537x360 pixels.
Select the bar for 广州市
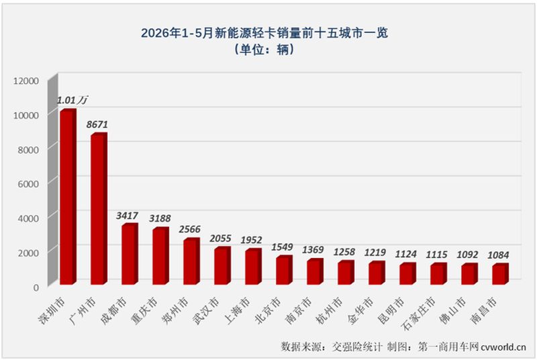(x=99, y=209)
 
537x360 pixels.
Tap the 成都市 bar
(x=130, y=254)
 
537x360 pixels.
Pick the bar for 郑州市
(x=191, y=261)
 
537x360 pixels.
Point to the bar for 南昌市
(x=500, y=274)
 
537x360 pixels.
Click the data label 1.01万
(x=72, y=100)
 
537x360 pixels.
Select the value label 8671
(x=97, y=124)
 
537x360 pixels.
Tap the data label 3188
(x=160, y=218)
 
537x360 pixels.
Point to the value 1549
(x=282, y=247)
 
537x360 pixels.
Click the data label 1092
(x=467, y=255)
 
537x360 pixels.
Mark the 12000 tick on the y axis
(x=26, y=81)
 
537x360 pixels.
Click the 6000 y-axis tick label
(x=28, y=184)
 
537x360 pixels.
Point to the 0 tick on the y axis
(x=36, y=287)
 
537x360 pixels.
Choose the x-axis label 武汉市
(x=206, y=311)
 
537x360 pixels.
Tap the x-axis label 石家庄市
(x=418, y=314)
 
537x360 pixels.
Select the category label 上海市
(x=237, y=311)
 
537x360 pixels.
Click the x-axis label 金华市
(x=360, y=311)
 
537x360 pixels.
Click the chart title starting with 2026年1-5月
(x=264, y=33)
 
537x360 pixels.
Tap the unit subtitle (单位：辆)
(x=264, y=50)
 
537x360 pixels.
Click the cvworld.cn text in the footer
(x=503, y=347)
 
